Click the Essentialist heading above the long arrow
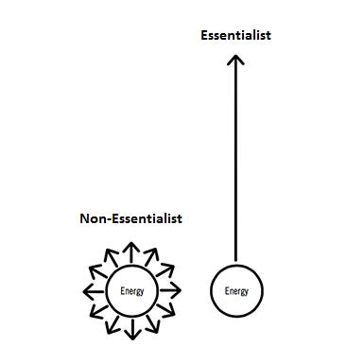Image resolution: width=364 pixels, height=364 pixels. (x=235, y=36)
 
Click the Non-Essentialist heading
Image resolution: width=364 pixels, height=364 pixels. (x=130, y=218)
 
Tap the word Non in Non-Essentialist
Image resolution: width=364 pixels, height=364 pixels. (x=93, y=218)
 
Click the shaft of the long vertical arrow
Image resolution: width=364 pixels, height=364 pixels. (x=235, y=161)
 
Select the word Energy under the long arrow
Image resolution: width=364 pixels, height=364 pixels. (x=235, y=290)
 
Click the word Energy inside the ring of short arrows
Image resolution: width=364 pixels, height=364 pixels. (x=131, y=290)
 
